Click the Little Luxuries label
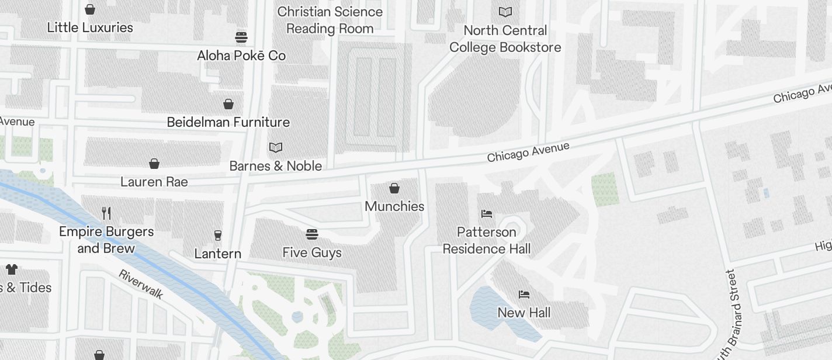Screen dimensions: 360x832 [x=90, y=27]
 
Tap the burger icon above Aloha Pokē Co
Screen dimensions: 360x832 [x=241, y=37]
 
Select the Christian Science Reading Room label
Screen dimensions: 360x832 [x=330, y=20]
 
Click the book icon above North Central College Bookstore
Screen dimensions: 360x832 [x=505, y=12]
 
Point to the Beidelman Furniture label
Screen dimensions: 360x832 [x=228, y=122]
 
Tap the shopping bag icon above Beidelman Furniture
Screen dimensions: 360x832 [x=228, y=104]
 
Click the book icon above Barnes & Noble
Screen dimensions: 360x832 [x=275, y=148]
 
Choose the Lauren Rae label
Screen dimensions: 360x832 [x=154, y=182]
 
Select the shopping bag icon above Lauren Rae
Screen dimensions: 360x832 [x=154, y=164]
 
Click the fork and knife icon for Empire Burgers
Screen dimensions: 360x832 [x=106, y=213]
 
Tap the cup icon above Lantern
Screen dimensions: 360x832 [x=218, y=236]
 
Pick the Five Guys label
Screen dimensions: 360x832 [x=312, y=252]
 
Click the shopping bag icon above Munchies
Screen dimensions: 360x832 [x=394, y=188]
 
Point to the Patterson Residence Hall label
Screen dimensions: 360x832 [x=487, y=240]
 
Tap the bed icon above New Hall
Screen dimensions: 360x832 [x=524, y=295]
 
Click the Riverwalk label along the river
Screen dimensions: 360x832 [x=141, y=284]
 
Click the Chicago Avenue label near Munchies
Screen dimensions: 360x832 [x=528, y=153]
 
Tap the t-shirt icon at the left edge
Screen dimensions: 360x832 [x=12, y=269]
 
